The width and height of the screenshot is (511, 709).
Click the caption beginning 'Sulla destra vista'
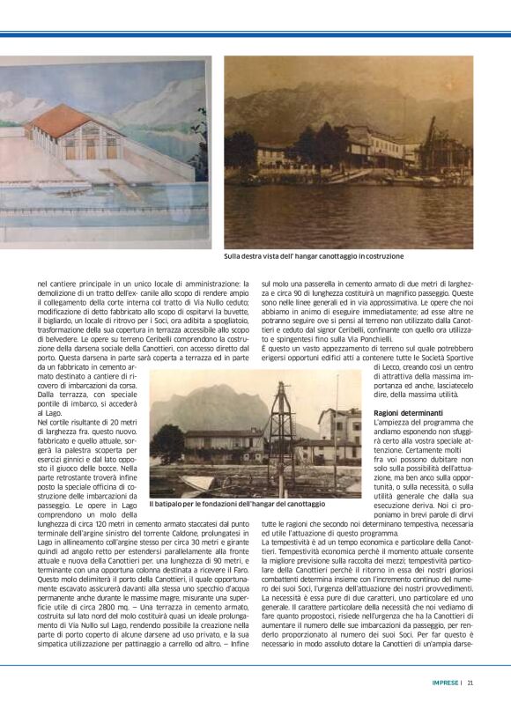coord(314,256)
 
